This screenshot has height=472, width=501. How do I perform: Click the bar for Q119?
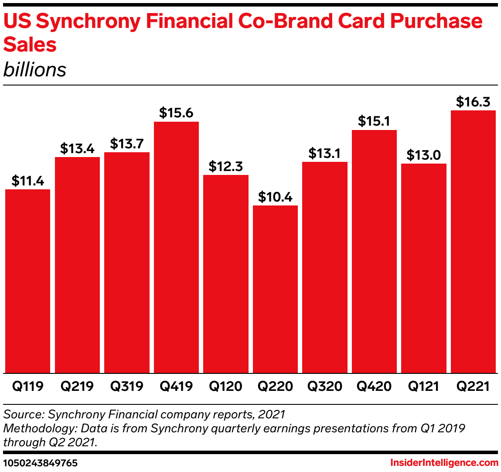[x=27, y=281]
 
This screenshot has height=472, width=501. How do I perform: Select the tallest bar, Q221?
[x=473, y=242]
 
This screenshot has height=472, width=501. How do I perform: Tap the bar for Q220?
[x=275, y=289]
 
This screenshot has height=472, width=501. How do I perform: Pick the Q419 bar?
[x=176, y=247]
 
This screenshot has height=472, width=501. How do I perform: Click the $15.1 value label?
[x=374, y=121]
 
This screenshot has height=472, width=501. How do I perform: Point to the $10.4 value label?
[x=275, y=197]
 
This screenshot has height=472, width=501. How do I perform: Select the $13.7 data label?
[x=127, y=144]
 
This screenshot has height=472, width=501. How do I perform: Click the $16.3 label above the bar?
[x=473, y=102]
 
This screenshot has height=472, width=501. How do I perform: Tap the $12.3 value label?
[x=226, y=166]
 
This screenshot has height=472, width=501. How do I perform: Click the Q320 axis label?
[x=325, y=386]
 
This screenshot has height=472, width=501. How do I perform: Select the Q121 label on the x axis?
[x=423, y=386]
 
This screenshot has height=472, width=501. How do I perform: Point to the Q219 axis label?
[x=77, y=386]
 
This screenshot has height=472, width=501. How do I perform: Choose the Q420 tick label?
[x=374, y=386]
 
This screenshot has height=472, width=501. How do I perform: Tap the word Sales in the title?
[x=30, y=44]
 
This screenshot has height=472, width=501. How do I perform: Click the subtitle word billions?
[x=35, y=70]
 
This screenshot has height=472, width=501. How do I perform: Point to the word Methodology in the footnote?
[x=39, y=428]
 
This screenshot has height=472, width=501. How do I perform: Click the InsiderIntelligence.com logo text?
[x=444, y=462]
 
